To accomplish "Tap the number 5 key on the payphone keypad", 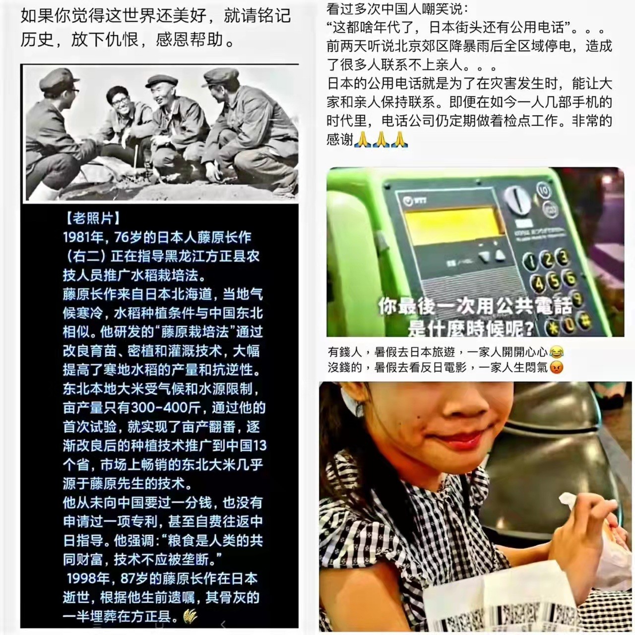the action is [x=555, y=279].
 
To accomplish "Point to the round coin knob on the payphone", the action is [x=518, y=199].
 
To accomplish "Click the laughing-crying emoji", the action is [x=557, y=352].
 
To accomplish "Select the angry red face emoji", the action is [x=556, y=367].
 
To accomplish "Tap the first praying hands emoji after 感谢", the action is [x=363, y=139].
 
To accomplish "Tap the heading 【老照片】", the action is [x=93, y=218].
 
